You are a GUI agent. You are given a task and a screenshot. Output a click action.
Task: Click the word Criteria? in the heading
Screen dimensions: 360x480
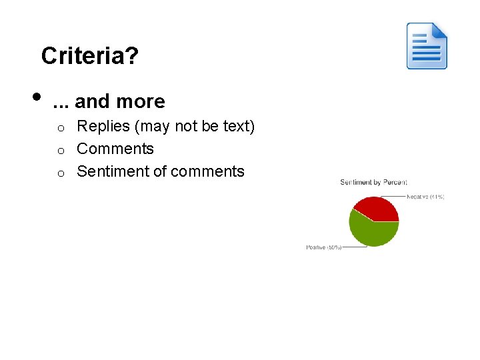point(89,56)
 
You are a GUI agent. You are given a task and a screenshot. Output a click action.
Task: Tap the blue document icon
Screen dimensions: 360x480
point(427,46)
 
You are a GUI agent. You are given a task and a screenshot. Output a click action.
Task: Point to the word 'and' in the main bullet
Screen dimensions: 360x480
point(93,101)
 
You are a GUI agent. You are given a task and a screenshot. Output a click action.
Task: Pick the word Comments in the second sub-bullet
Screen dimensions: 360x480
point(115,149)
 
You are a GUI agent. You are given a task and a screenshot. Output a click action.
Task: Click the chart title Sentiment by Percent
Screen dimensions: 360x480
point(373,182)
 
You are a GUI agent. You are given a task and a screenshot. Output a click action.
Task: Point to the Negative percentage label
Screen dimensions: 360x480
point(427,197)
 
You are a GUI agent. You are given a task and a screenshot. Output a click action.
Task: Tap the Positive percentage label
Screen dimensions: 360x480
point(324,247)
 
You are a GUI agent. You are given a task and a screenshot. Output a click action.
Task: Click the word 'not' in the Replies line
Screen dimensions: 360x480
point(186,126)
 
